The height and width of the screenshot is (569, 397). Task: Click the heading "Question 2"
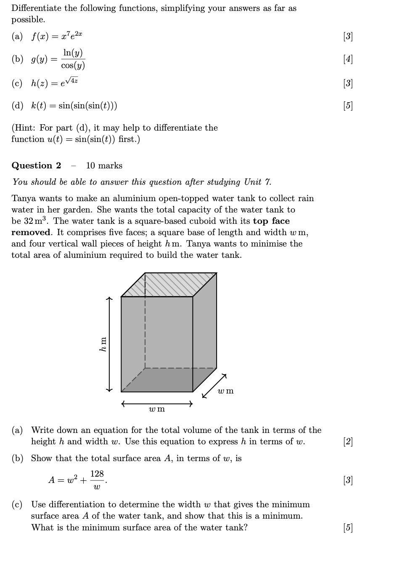(36, 165)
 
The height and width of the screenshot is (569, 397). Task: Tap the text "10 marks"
(104, 165)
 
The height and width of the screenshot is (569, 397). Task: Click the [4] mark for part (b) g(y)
(348, 59)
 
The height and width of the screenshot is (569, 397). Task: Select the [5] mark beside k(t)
(348, 105)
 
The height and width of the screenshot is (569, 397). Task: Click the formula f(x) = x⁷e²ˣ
(57, 37)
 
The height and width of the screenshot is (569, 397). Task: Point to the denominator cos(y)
(73, 66)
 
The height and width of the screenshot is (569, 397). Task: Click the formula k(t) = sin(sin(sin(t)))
(74, 105)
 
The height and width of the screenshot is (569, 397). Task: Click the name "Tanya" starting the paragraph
(24, 198)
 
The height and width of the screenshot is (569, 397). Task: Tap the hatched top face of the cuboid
(168, 284)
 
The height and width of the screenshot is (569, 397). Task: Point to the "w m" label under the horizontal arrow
(157, 409)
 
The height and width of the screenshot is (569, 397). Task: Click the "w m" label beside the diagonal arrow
(226, 391)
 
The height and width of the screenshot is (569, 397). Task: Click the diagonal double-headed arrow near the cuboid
(214, 385)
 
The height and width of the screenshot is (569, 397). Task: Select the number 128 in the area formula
(97, 474)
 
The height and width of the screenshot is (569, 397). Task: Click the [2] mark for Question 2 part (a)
(348, 441)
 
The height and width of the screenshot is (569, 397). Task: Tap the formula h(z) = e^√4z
(55, 83)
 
